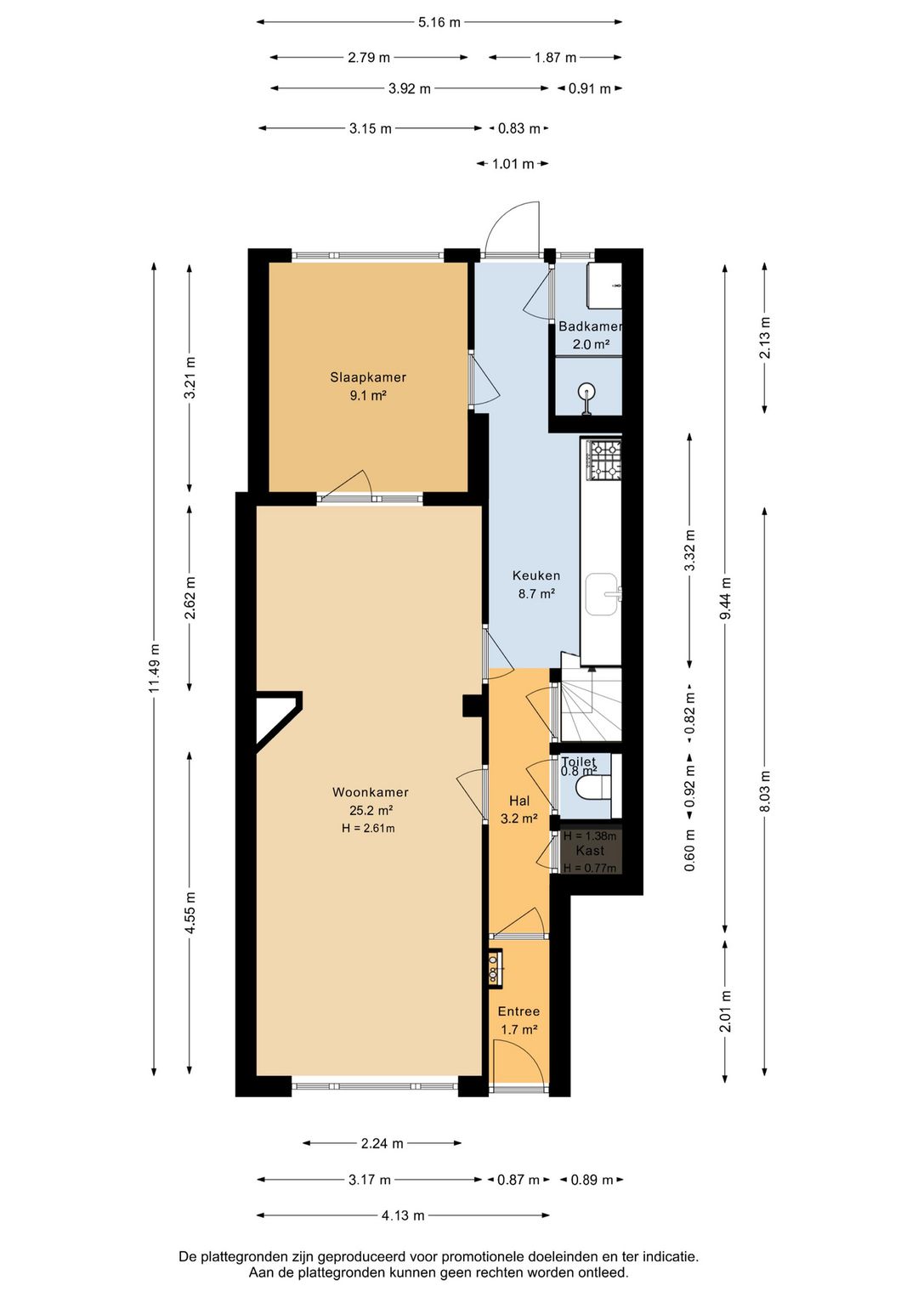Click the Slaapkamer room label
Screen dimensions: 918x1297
(368, 377)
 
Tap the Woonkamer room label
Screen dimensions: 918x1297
(370, 792)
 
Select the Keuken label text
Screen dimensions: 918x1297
(535, 575)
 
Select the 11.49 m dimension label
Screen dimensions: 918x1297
(154, 667)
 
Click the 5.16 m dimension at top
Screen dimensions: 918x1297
(439, 23)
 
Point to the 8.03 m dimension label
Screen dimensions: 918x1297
(764, 790)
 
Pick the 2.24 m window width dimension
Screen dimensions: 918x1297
(382, 1143)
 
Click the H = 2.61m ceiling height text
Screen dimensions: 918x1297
(368, 829)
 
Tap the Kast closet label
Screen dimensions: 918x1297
(590, 851)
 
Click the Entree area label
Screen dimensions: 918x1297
(518, 1011)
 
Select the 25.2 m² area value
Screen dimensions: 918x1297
(371, 811)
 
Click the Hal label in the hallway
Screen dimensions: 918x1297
(519, 801)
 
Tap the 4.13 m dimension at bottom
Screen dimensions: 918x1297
(403, 1215)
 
